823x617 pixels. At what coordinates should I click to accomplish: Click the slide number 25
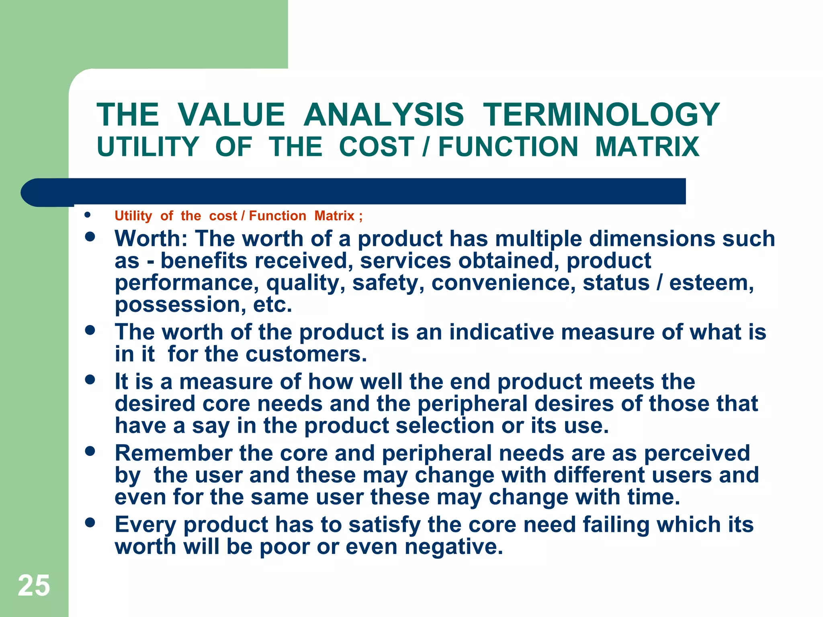[34, 585]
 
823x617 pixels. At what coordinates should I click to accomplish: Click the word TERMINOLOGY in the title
[601, 115]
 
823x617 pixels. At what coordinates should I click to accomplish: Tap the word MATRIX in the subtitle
[647, 147]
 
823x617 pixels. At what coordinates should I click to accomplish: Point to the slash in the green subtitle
[426, 147]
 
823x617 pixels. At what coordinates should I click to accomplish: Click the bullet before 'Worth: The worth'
[90, 237]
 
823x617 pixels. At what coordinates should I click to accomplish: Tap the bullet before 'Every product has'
[90, 522]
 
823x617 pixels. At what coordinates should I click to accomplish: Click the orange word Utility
[133, 216]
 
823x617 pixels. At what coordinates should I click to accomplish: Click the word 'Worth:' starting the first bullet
[151, 239]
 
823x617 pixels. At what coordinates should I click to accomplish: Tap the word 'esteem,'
[711, 283]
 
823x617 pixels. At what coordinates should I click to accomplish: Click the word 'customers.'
[306, 354]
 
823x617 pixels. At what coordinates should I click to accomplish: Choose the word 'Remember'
[174, 453]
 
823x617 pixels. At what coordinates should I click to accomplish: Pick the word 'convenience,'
[504, 283]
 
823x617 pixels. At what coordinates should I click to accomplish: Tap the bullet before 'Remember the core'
[90, 451]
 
